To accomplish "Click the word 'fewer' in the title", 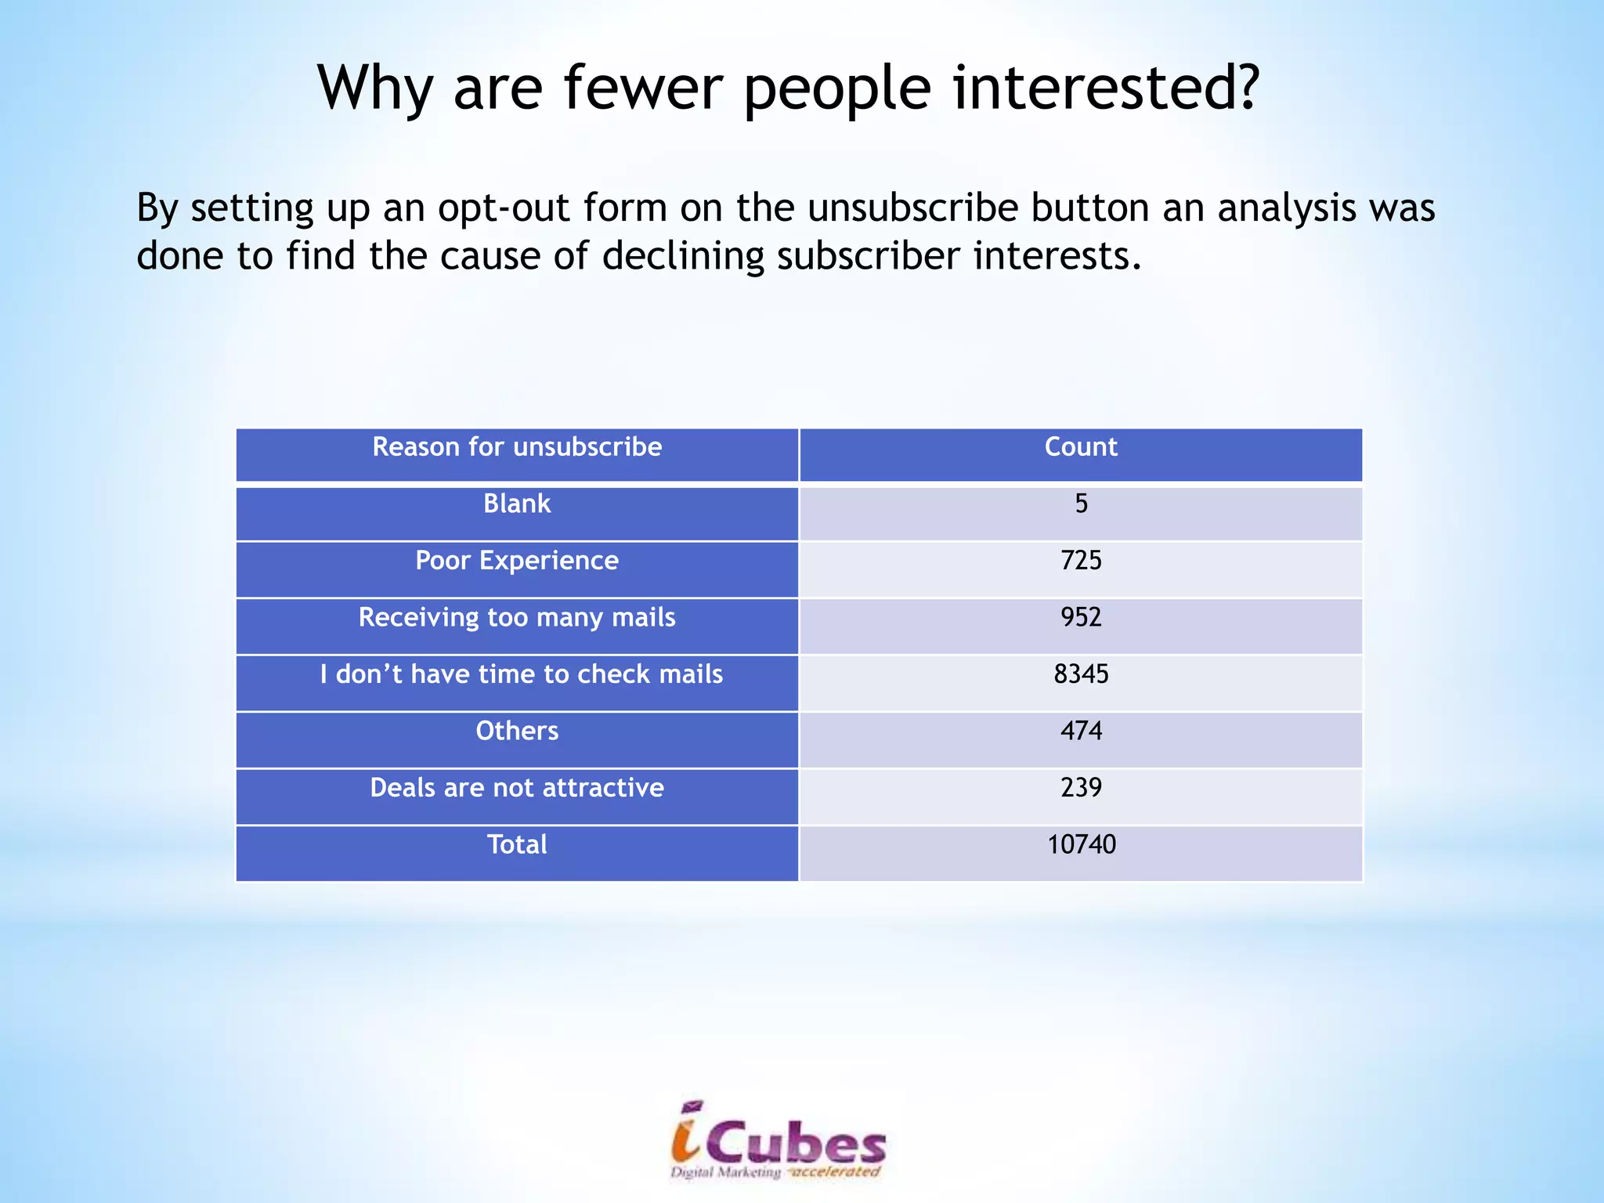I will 643,87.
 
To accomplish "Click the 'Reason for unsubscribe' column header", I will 517,446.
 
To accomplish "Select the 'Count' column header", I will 1081,446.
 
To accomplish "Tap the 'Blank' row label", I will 517,504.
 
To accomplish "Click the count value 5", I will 1081,504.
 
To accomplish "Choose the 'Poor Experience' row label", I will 517,561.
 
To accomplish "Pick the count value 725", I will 1081,561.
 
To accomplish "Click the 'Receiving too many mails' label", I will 517,618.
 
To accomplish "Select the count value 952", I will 1081,618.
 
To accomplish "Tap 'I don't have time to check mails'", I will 521,674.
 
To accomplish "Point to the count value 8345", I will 1081,674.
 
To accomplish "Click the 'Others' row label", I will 517,732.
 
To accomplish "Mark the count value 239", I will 1081,788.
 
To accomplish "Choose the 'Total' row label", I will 517,845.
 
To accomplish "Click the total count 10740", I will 1081,845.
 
